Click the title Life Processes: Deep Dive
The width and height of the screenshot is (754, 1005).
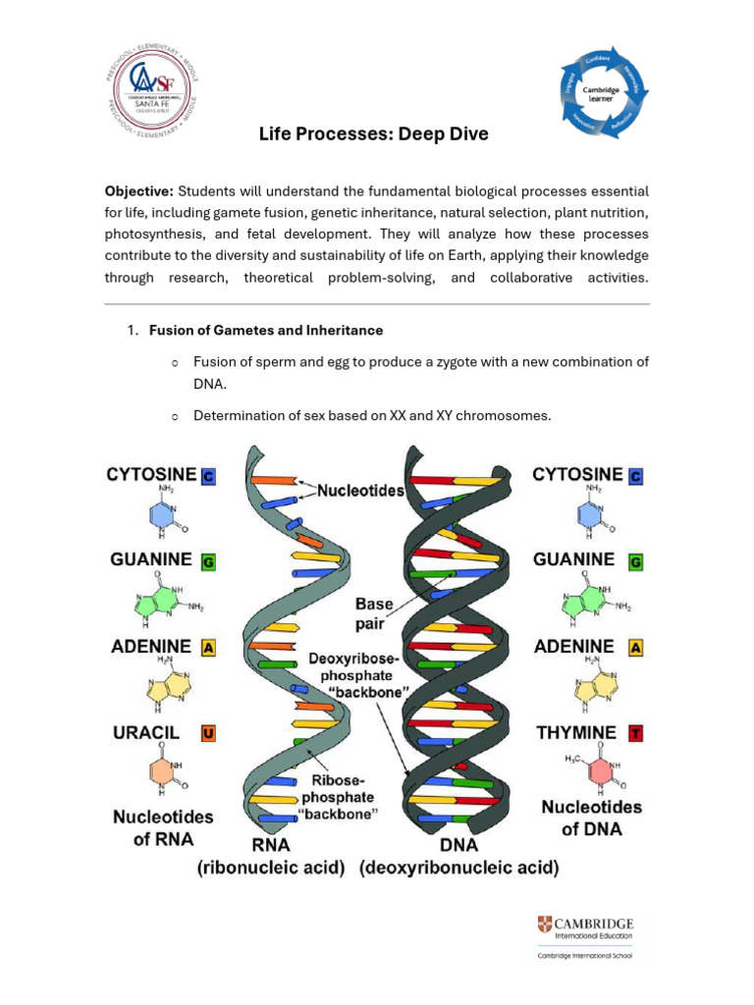click(x=373, y=133)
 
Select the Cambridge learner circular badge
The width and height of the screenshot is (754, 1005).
click(x=606, y=90)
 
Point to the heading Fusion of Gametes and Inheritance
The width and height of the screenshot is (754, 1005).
click(x=266, y=331)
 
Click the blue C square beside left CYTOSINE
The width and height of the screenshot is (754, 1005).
click(x=208, y=476)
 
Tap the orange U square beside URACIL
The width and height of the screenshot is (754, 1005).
click(x=208, y=732)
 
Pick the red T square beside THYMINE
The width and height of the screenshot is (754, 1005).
click(x=636, y=732)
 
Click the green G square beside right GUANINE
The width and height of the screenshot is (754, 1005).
click(x=636, y=562)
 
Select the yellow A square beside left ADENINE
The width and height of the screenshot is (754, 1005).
click(x=208, y=648)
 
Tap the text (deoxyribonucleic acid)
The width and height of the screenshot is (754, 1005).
click(x=459, y=868)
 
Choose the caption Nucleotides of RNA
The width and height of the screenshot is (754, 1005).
click(x=162, y=826)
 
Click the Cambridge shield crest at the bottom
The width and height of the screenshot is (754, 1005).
click(x=545, y=925)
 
